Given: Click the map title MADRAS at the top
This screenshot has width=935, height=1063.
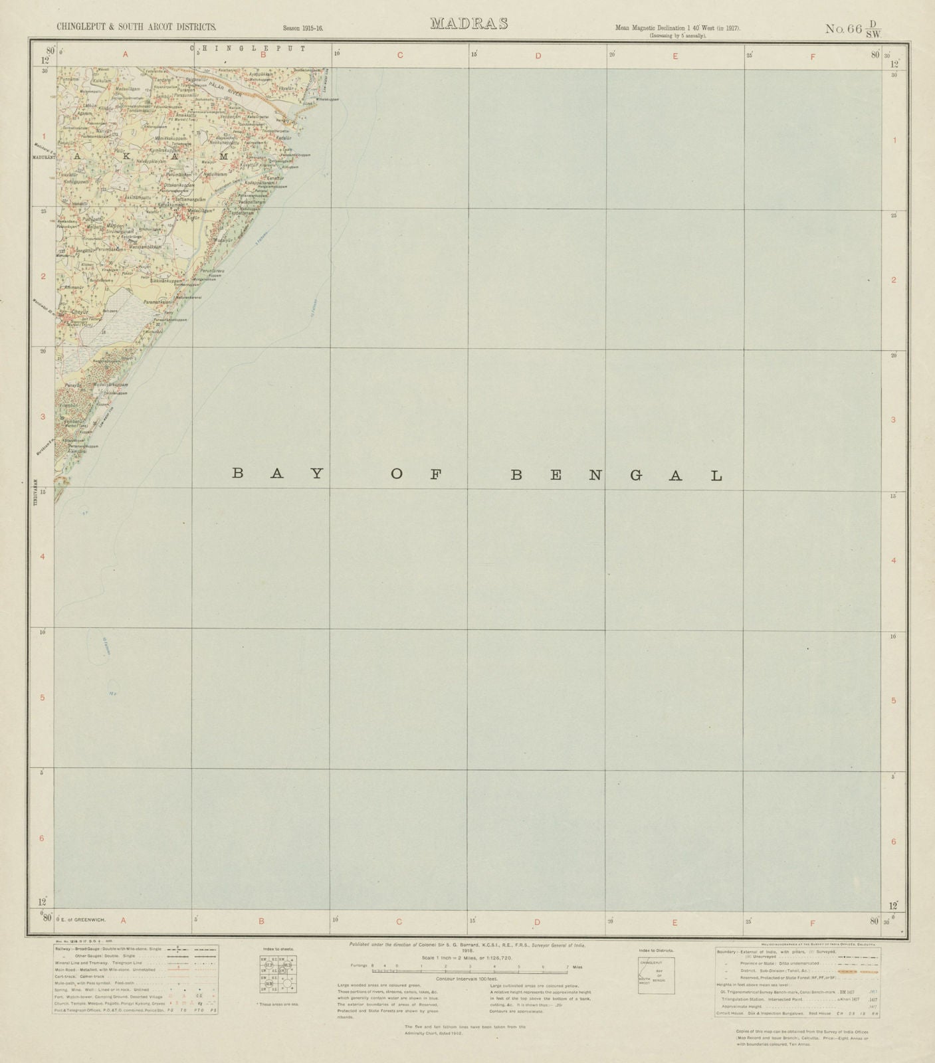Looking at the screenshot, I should coord(468,24).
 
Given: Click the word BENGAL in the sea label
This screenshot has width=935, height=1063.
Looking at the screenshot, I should coord(616,475).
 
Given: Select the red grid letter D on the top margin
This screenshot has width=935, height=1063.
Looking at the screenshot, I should coord(538,56).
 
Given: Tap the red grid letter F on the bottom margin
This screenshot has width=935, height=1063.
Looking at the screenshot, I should coord(812,922).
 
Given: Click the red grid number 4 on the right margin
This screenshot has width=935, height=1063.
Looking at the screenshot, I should coord(894,560).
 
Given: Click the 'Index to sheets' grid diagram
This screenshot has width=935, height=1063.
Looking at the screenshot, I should coord(278,975).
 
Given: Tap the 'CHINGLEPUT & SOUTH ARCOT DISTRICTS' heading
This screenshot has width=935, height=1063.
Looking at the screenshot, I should coord(136,27).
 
